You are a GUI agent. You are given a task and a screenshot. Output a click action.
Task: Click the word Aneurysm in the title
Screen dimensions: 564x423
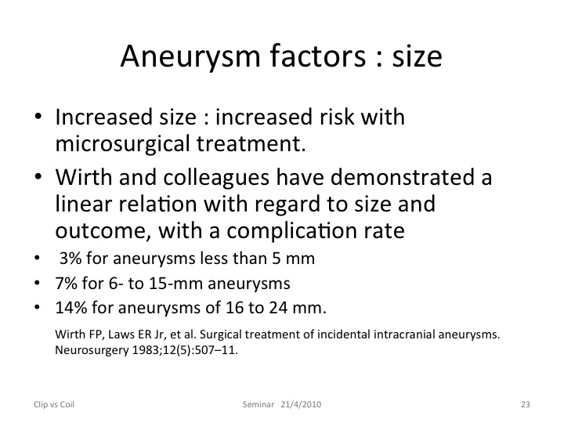coord(190,56)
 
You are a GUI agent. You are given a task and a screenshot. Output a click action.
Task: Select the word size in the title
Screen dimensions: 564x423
coord(417,56)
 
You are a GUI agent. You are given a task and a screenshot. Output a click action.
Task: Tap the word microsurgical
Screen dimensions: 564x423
coord(123,144)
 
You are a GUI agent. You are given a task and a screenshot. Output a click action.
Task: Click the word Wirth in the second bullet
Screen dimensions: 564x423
coord(84,177)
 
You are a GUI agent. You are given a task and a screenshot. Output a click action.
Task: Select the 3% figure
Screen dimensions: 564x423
coord(70,258)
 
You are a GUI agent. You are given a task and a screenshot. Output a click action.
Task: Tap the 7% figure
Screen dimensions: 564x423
coord(66,283)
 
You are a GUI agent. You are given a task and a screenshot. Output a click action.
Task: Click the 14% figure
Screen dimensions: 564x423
coord(71,308)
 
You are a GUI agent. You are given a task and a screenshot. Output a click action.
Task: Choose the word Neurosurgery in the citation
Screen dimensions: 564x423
coord(92,350)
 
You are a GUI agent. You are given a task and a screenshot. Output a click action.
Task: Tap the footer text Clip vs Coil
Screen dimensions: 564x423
coord(54,404)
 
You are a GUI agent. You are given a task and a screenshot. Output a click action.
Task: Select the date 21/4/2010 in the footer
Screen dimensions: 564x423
coord(301,404)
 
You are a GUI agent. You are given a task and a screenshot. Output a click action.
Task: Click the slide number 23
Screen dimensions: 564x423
coord(526,404)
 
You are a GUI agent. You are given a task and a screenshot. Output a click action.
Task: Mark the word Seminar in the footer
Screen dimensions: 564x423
coord(258,404)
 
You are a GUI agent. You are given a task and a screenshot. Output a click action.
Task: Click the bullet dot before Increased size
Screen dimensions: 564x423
coord(38,117)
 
